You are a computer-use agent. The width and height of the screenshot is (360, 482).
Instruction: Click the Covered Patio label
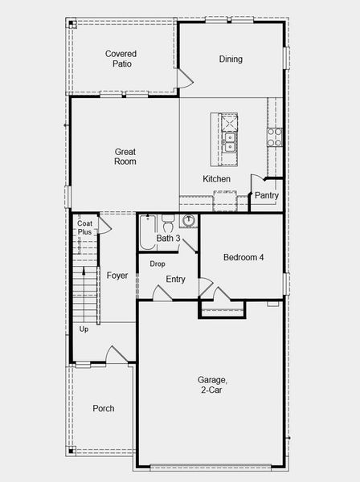[121, 59]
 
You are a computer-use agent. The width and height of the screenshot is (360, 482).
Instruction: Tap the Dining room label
[231, 59]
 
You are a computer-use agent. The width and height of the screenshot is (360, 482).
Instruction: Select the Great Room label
[125, 157]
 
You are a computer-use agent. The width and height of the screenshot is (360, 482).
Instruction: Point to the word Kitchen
[216, 178]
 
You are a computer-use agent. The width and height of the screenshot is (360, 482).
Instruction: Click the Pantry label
[267, 195]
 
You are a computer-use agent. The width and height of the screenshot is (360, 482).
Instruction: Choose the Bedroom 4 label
[243, 257]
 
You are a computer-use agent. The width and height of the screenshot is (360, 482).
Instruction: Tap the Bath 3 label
[168, 238]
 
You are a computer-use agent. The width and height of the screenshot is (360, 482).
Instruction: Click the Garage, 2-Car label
[212, 385]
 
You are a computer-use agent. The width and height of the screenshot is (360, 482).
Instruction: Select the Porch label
[104, 408]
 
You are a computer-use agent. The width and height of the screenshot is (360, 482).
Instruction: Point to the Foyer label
[117, 276]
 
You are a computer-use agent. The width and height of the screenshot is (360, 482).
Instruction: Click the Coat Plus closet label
[84, 227]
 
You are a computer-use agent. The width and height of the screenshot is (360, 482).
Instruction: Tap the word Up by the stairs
[84, 329]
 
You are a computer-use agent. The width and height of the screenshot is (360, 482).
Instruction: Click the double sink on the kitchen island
[229, 142]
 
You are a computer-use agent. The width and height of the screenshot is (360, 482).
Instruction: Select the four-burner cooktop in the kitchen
[275, 137]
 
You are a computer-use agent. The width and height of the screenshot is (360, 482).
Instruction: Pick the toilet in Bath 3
[168, 223]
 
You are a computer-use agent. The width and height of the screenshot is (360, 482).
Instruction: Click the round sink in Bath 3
[188, 220]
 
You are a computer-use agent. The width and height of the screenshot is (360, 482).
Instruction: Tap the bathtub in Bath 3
[148, 232]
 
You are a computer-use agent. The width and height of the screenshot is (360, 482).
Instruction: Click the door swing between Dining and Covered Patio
[185, 79]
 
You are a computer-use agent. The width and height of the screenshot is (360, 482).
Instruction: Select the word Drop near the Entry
[157, 263]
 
